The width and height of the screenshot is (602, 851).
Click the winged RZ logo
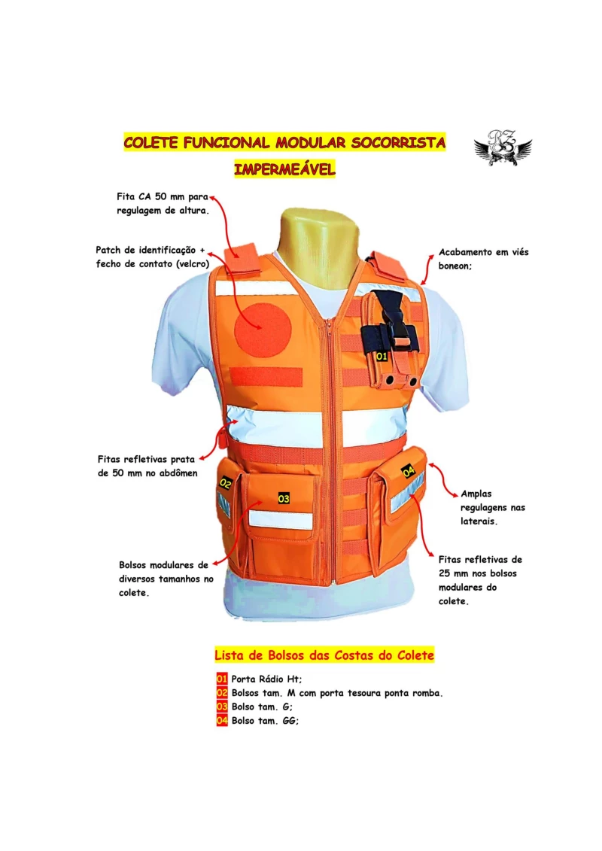(503, 147)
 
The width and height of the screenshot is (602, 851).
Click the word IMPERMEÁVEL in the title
(285, 169)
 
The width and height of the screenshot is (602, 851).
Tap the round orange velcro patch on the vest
(263, 329)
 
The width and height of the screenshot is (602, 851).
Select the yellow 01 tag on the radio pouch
(382, 357)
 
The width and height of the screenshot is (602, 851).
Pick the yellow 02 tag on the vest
(226, 482)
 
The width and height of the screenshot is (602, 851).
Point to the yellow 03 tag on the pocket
(284, 498)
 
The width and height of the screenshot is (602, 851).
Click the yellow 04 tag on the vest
(408, 471)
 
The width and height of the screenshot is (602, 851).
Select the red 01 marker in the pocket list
(221, 679)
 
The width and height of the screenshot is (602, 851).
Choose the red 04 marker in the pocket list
(221, 721)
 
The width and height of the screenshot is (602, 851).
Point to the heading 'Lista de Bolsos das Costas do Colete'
(324, 655)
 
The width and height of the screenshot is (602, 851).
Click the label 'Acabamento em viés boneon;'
(484, 259)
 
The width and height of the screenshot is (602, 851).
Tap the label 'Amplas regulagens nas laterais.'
(493, 507)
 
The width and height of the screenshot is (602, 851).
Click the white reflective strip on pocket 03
(281, 520)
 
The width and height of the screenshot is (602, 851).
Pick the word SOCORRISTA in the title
(398, 143)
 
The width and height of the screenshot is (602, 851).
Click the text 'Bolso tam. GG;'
(265, 721)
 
